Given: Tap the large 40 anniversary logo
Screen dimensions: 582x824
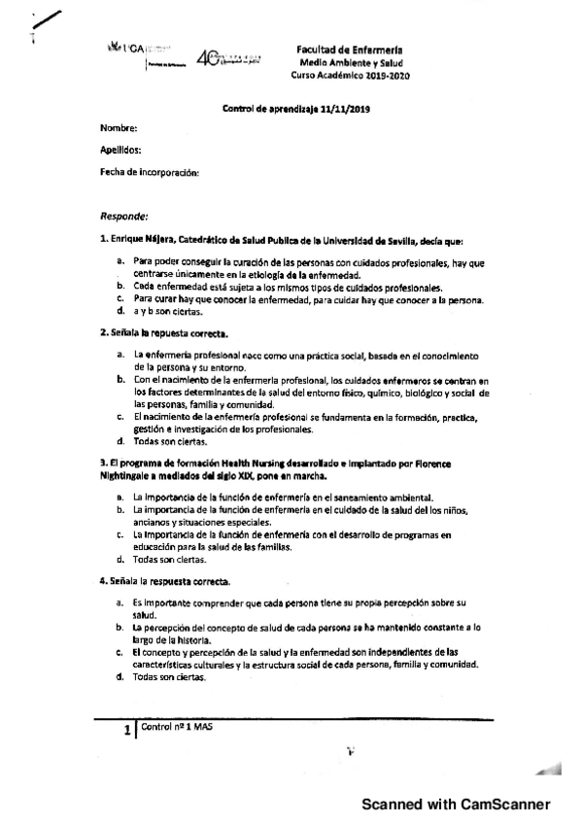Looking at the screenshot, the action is tap(208, 58).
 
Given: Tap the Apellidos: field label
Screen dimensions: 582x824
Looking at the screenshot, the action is tap(120, 151).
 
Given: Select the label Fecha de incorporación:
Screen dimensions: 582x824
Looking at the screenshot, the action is tap(150, 172).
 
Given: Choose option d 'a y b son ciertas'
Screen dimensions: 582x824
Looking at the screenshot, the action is tap(168, 311).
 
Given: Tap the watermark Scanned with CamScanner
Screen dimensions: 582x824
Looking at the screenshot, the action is tap(456, 805).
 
